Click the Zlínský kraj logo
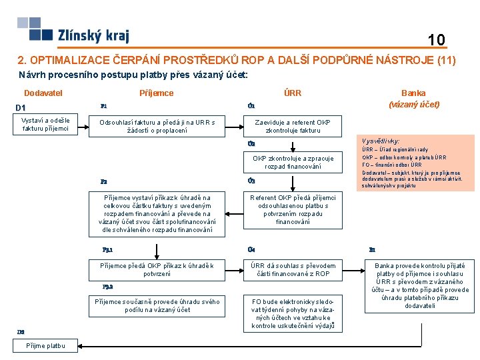[73, 31]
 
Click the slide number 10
[437, 40]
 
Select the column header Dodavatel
[43, 93]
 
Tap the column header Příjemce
[156, 93]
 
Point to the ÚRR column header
[293, 93]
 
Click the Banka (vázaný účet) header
[413, 99]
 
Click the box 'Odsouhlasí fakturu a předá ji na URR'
[157, 126]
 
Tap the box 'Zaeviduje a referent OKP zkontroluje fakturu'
[293, 126]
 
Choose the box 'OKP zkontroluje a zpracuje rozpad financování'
[293, 162]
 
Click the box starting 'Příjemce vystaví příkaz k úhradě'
[157, 213]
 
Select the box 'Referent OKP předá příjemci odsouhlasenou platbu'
[293, 209]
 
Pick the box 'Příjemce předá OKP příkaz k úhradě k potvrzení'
[157, 269]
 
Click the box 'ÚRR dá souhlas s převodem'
[293, 269]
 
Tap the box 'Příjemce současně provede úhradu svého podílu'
[157, 306]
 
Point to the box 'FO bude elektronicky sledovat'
[293, 313]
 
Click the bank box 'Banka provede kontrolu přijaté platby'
[421, 285]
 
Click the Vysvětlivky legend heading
[381, 141]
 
